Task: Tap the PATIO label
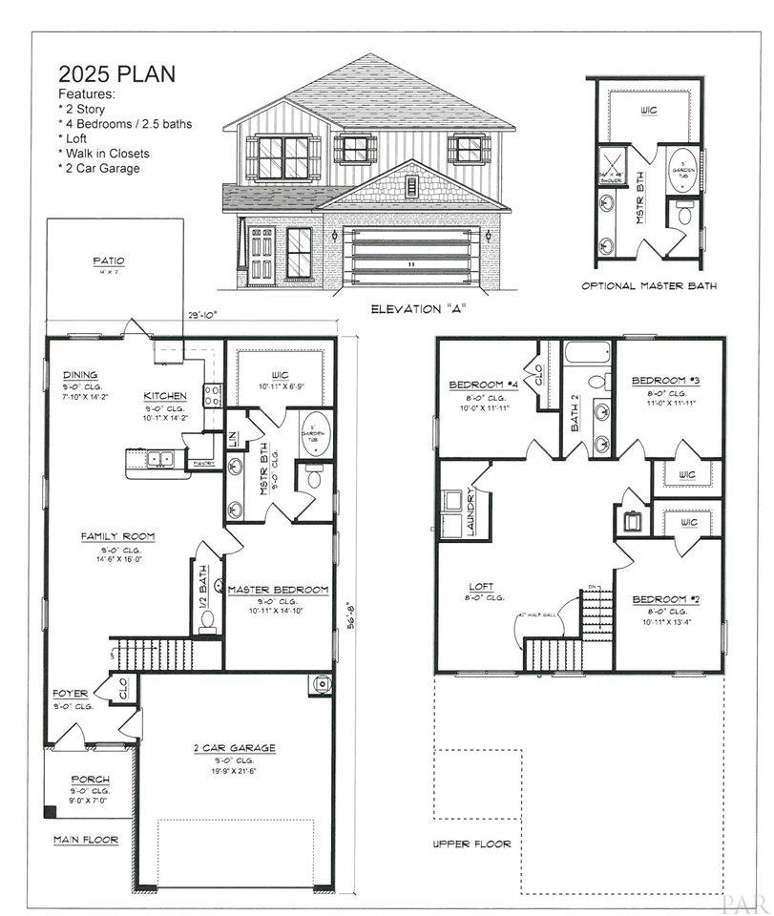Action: (x=108, y=260)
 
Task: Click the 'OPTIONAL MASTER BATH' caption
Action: (x=648, y=285)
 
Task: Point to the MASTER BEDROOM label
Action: (x=278, y=591)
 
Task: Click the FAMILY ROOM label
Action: (x=117, y=536)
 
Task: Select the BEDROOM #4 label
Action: (x=483, y=385)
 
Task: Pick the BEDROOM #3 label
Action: (x=666, y=381)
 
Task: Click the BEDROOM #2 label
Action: (x=666, y=600)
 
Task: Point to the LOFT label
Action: (x=482, y=586)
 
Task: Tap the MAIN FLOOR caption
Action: (x=86, y=840)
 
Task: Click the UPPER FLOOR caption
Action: (x=471, y=843)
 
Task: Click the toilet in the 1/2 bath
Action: (x=207, y=617)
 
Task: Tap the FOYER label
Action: (x=70, y=693)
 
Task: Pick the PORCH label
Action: (x=91, y=779)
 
